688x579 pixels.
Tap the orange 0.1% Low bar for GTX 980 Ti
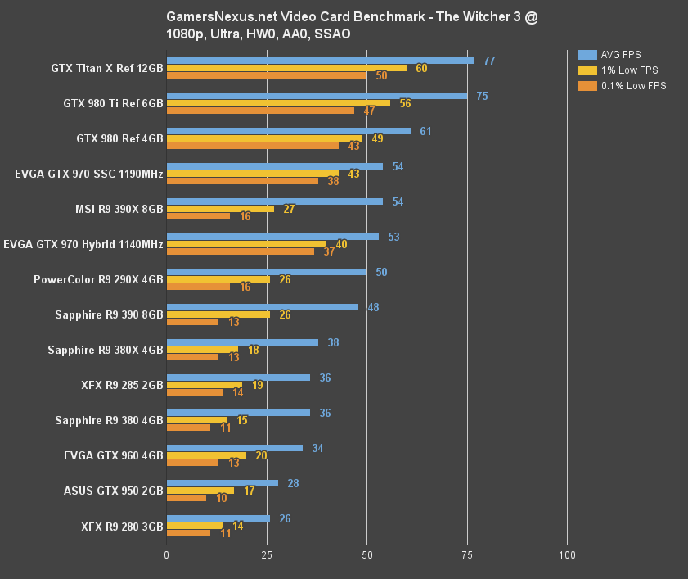pos(260,111)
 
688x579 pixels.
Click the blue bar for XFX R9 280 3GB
pos(218,518)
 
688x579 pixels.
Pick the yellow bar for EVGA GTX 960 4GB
pos(205,455)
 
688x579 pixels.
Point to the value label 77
pos(489,61)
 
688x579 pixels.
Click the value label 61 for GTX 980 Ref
pos(425,131)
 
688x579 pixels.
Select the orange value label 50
pos(381,75)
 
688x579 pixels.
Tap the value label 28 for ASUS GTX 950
pos(293,483)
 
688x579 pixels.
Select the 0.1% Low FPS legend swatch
pos(587,85)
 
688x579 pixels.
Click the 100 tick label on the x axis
pos(567,556)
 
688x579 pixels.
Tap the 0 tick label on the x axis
pos(167,556)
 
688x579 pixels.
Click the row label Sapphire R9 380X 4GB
pos(106,350)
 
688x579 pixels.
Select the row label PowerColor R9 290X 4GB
pos(98,279)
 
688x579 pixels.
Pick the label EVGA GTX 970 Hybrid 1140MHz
pos(83,244)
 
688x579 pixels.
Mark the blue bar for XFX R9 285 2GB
pos(238,378)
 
